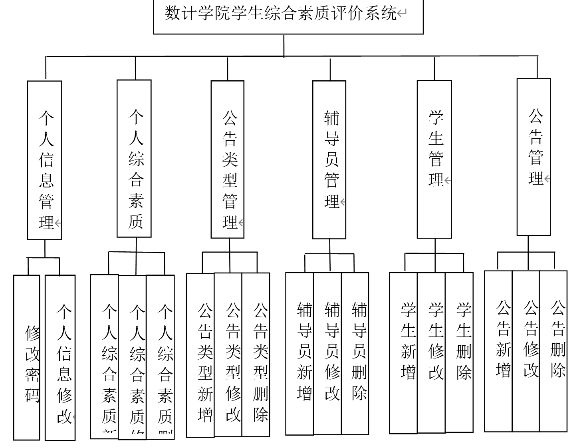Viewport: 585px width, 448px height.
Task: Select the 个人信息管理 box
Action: [44, 160]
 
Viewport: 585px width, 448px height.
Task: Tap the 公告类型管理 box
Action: [227, 159]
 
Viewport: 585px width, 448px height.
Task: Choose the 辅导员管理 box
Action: [329, 159]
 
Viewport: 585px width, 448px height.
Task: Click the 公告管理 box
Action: [533, 157]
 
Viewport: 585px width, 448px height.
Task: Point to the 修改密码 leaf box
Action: [27, 358]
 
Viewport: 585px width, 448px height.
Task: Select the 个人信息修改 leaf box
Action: [60, 358]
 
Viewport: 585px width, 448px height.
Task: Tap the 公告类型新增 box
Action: [200, 355]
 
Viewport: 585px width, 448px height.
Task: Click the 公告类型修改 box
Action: [228, 355]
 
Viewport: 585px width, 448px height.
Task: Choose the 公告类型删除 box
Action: [256, 355]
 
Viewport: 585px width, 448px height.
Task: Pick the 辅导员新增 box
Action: [300, 354]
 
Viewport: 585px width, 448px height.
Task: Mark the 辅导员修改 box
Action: [327, 354]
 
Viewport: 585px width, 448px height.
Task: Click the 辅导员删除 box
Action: [355, 354]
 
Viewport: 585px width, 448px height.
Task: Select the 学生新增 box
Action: [403, 353]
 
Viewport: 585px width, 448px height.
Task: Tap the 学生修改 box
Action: [431, 353]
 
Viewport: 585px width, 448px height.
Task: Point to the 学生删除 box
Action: [459, 353]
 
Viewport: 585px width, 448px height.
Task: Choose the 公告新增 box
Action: [498, 351]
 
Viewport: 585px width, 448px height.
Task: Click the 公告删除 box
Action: [553, 351]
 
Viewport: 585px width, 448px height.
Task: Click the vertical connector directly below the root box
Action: [284, 45]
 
